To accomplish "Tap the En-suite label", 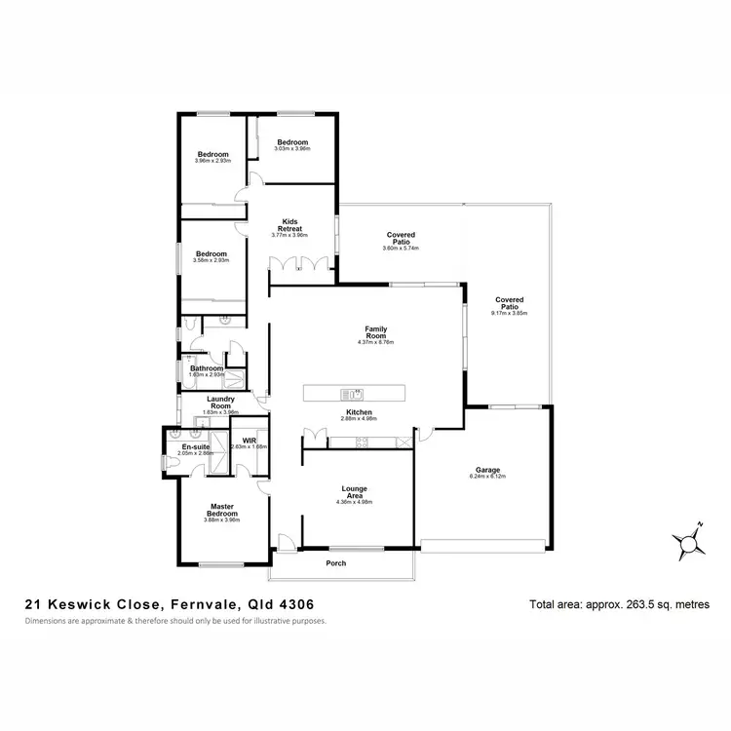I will (195, 447).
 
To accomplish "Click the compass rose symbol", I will (685, 540).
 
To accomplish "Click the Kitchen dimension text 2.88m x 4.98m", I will (359, 418).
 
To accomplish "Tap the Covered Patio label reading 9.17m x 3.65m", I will (509, 306).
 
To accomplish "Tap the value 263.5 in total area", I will (624, 605).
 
